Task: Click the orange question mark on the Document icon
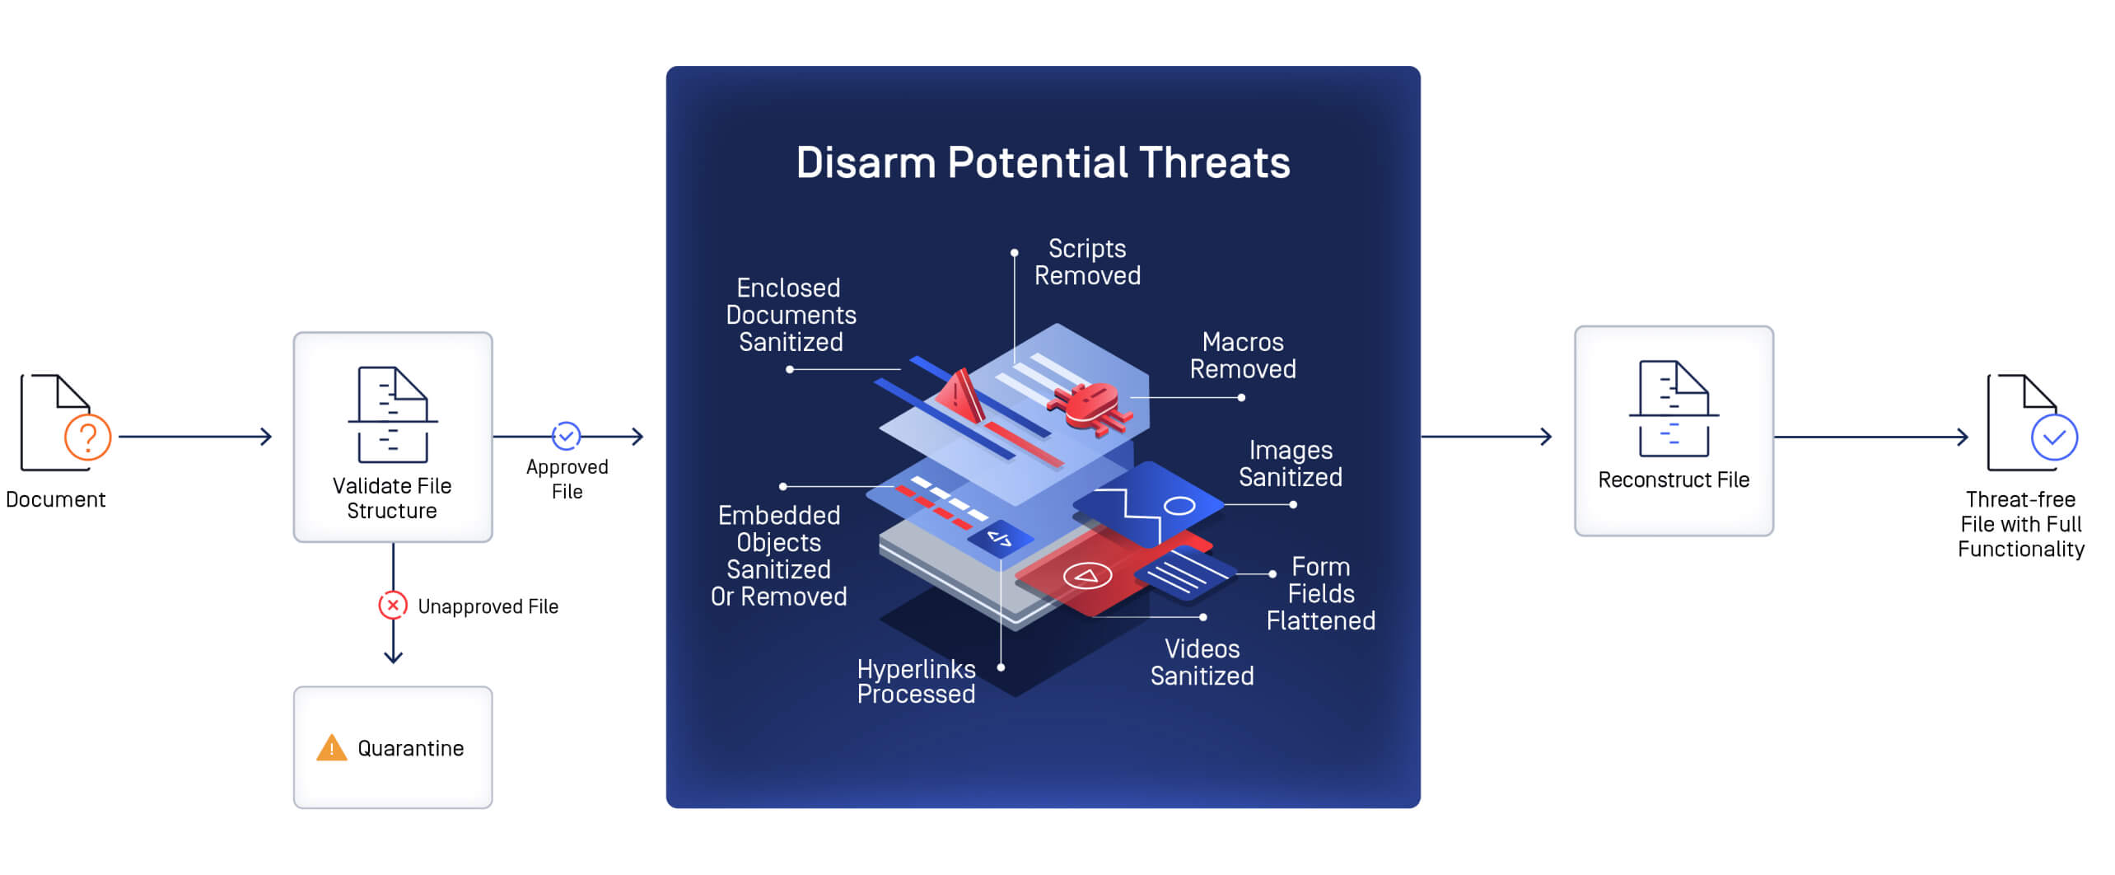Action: pos(87,437)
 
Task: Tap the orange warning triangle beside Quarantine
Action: pos(331,748)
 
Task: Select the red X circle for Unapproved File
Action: pos(393,606)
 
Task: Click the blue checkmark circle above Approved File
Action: pos(566,436)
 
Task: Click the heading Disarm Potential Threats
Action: pos(1043,162)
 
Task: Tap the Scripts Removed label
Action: pos(1087,262)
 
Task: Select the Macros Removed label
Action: pos(1242,355)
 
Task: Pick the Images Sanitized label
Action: pos(1290,463)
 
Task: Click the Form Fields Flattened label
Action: pos(1320,593)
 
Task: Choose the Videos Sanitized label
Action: pos(1202,662)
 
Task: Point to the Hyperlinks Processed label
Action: pos(916,681)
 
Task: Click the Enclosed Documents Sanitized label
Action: pos(791,315)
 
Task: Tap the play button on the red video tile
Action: pos(1087,576)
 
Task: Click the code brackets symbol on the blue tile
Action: pos(1000,539)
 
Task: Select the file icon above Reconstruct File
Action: pos(1673,408)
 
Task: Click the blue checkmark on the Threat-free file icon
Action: pos(2053,437)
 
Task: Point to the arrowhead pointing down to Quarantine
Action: pos(393,657)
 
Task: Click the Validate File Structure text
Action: pos(392,498)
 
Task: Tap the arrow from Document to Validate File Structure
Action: pos(195,437)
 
